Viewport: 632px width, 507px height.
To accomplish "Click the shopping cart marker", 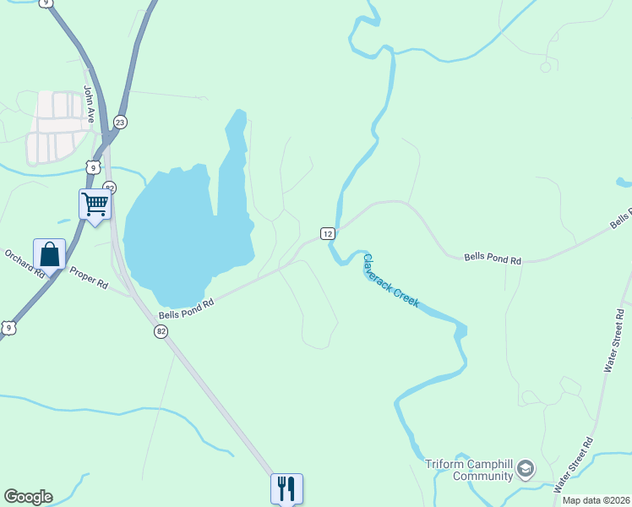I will click(95, 204).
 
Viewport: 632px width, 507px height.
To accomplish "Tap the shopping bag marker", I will click(50, 254).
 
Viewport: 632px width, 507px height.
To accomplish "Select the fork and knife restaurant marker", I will click(286, 488).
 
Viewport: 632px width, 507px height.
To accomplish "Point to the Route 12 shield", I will click(328, 233).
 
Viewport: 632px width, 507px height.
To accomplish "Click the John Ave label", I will click(90, 101).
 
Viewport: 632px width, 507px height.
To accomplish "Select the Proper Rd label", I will click(89, 278).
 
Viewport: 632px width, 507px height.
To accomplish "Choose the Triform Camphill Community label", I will click(469, 470).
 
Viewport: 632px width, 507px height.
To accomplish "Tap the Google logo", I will click(28, 497).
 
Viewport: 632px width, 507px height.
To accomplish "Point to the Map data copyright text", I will click(596, 500).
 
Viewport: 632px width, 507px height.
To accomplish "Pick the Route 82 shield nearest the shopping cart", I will click(109, 187).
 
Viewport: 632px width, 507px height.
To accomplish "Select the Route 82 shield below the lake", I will click(161, 332).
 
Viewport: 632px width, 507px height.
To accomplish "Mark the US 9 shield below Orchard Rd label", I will click(8, 327).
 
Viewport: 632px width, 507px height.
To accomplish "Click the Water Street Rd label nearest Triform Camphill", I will click(575, 465).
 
